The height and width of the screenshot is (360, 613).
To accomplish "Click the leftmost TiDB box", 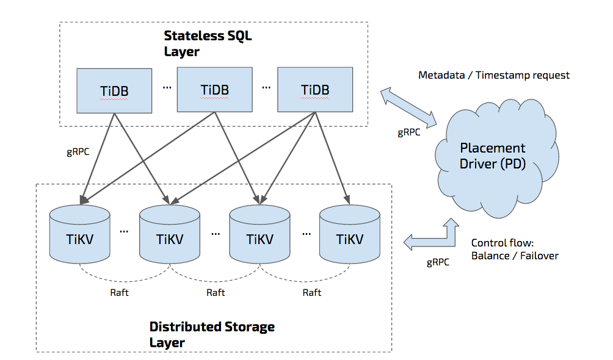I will tap(114, 90).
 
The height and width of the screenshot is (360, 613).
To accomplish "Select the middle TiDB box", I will tap(214, 90).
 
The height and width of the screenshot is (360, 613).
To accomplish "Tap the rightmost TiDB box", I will tap(315, 90).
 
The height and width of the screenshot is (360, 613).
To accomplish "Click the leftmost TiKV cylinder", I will tap(79, 238).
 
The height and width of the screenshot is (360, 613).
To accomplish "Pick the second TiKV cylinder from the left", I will tap(170, 238).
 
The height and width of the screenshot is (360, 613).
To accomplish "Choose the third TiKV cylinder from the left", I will tap(259, 238).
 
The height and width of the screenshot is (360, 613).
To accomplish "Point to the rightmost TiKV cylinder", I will tap(350, 238).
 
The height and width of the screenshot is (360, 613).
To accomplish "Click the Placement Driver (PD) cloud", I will tap(492, 156).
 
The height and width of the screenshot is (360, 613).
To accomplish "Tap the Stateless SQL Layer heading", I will tap(208, 43).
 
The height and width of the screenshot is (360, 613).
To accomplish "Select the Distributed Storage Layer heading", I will tap(211, 334).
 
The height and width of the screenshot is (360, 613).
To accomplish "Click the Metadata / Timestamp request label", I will tap(493, 75).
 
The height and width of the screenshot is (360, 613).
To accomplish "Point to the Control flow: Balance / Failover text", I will tap(514, 250).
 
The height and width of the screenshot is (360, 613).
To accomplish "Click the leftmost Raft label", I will tap(120, 292).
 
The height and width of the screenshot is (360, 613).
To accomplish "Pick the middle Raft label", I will tap(216, 292).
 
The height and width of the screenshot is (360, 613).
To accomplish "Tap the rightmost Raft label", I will tap(311, 292).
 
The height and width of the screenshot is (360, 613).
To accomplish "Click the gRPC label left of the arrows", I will tap(77, 152).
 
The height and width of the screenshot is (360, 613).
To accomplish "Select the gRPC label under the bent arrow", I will tap(438, 262).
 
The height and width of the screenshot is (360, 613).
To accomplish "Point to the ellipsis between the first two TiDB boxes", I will tap(167, 87).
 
